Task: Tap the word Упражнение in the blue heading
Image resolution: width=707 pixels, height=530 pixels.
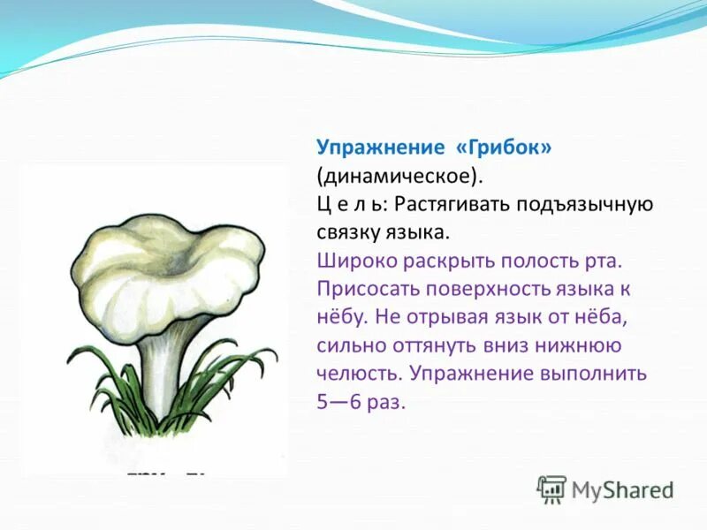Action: (x=381, y=148)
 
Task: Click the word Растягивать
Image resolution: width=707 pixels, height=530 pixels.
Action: (x=452, y=205)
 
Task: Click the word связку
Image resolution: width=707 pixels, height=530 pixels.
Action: (x=347, y=233)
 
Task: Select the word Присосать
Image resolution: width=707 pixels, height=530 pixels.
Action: (x=368, y=290)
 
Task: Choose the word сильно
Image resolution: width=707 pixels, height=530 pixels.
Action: (x=351, y=345)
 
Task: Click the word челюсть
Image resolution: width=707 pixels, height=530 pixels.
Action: (x=359, y=374)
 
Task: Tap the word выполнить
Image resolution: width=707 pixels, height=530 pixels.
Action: (x=596, y=374)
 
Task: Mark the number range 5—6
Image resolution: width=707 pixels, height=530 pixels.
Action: (x=338, y=402)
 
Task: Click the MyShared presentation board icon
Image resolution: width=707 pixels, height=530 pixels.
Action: (x=551, y=489)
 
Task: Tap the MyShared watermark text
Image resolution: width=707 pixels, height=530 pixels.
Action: (x=623, y=490)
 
